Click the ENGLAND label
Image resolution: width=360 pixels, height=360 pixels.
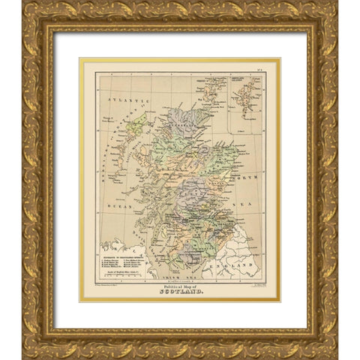point(247,265)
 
